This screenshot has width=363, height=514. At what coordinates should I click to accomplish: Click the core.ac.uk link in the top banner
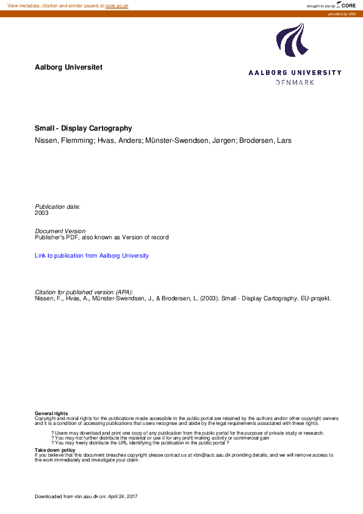pos(117,5)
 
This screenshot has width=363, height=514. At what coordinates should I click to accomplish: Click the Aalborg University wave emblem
pos(290,40)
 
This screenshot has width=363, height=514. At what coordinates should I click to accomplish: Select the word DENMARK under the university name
pos(295,82)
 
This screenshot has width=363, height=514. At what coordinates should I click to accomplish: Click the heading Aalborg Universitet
pos(68,67)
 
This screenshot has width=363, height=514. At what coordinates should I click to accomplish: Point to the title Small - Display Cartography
pos(84,129)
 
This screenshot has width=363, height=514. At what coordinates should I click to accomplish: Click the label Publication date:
pos(57,207)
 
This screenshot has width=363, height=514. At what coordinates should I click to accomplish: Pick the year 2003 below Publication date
pos(41,213)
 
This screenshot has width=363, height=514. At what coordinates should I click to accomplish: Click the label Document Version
pos(60,231)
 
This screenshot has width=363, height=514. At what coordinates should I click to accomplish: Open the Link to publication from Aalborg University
pos(92,256)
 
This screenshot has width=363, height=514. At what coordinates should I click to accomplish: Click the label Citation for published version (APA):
pos(84,292)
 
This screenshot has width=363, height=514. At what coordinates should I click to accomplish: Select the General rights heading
pos(51,413)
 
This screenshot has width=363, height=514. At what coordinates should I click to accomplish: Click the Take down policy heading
pos(55,450)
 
